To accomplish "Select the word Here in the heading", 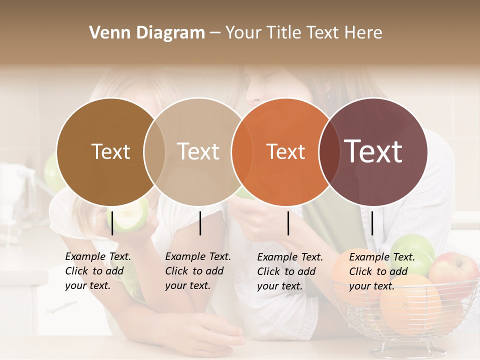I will (x=364, y=33).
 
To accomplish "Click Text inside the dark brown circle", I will (x=110, y=151).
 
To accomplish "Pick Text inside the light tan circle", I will (x=198, y=151).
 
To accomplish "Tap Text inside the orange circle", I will (x=285, y=152).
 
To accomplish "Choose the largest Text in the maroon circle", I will (x=373, y=151).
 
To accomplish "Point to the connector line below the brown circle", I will (x=112, y=223).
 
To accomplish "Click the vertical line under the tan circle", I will (x=200, y=223).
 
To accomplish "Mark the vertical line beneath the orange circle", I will (x=288, y=223).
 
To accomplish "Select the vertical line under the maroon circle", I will (x=372, y=223).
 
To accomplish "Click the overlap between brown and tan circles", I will (x=154, y=152).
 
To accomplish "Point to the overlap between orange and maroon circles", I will (x=329, y=152).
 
